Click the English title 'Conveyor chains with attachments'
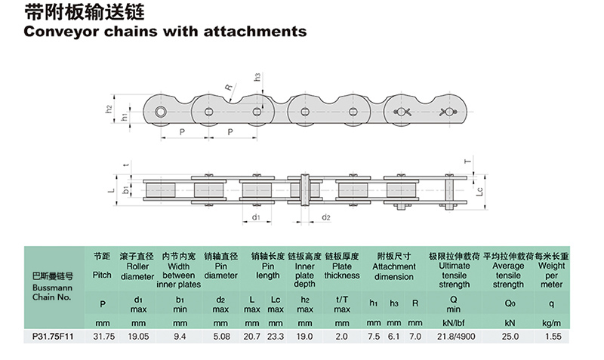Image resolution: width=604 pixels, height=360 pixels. [x=165, y=32]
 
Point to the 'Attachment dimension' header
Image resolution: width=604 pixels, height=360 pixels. [x=393, y=271]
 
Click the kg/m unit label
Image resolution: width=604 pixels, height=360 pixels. [x=551, y=322]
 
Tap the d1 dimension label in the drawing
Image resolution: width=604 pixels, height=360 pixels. [x=257, y=217]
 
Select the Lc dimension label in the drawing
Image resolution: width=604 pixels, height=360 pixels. [x=480, y=193]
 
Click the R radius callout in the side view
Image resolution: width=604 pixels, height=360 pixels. [x=228, y=87]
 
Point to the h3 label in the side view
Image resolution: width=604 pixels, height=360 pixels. [x=257, y=76]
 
